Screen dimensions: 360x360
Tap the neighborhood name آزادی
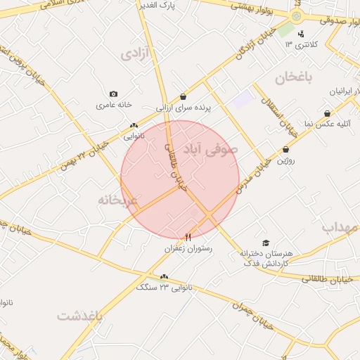[136, 54]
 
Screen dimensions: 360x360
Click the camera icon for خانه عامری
[114, 94]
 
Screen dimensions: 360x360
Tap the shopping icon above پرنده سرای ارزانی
[183, 97]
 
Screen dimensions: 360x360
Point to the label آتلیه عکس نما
[328, 124]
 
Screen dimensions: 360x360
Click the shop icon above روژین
[285, 149]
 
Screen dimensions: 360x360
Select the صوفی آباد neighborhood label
[211, 149]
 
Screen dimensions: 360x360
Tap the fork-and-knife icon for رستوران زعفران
[188, 237]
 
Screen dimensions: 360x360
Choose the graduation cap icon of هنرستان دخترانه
[264, 242]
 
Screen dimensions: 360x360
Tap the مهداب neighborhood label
[340, 227]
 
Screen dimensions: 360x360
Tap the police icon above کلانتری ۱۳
[301, 34]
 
